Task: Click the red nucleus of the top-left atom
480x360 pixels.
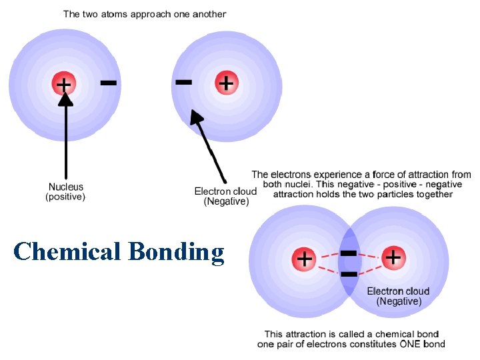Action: [x=65, y=84]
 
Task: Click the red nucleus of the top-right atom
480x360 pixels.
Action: [x=227, y=83]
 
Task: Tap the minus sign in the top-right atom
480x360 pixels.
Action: [x=183, y=82]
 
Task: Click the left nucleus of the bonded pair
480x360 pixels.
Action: [x=305, y=258]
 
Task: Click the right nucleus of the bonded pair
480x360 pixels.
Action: [x=393, y=257]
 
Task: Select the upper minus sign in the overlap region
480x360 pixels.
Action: [x=349, y=253]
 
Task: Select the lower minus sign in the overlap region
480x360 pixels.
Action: [x=349, y=273]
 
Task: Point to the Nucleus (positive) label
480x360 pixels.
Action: [x=65, y=192]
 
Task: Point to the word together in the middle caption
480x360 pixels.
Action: [x=433, y=194]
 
